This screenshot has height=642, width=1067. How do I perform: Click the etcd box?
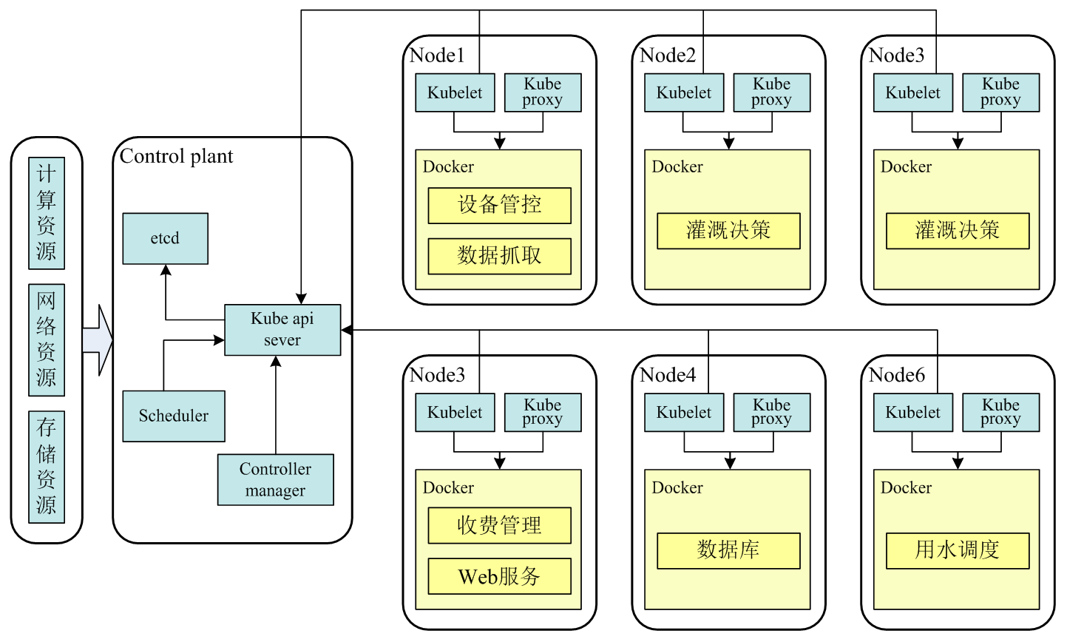(x=165, y=238)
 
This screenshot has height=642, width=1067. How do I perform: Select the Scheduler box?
(x=174, y=416)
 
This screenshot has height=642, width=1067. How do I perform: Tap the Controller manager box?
(x=275, y=479)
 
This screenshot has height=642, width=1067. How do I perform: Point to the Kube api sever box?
(x=282, y=329)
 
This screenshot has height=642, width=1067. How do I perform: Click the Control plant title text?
(x=176, y=156)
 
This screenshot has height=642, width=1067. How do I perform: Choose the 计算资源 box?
(x=47, y=212)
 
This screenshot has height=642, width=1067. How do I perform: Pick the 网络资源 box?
(x=47, y=339)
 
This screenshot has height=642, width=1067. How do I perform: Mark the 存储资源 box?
(x=47, y=467)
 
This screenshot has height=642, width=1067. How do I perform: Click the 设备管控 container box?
(x=499, y=205)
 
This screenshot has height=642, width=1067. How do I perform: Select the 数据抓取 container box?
(x=499, y=256)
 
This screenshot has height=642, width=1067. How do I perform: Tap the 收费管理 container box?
(x=499, y=525)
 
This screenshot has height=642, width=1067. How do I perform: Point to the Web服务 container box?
(x=499, y=576)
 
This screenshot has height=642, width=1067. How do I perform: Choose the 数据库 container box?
(x=728, y=550)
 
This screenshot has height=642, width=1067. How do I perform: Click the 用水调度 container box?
(x=958, y=550)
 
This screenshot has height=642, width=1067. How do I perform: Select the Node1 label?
(x=437, y=55)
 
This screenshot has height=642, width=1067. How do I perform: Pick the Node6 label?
(x=897, y=376)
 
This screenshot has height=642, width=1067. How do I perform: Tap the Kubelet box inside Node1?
(x=455, y=92)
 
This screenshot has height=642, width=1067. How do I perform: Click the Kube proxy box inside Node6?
(x=1000, y=412)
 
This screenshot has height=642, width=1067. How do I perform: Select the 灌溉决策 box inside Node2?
(x=728, y=231)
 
